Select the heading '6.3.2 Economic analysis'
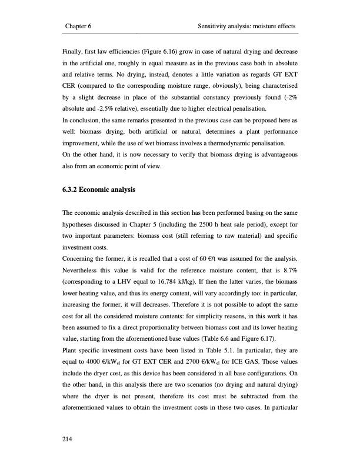tap(98, 191)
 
